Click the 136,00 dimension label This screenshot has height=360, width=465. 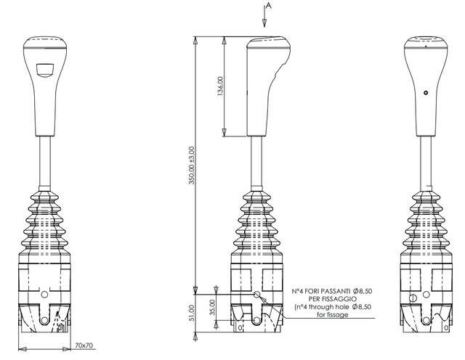click(x=220, y=86)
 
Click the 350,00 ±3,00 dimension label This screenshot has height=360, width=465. click(x=192, y=165)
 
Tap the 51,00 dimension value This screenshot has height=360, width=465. click(x=192, y=313)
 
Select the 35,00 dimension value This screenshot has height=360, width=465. click(x=213, y=307)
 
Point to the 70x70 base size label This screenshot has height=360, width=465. click(x=84, y=345)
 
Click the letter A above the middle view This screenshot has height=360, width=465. click(x=268, y=5)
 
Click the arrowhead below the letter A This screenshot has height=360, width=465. click(x=264, y=23)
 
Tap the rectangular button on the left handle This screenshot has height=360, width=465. click(x=45, y=70)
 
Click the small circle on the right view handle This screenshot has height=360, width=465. click(x=426, y=93)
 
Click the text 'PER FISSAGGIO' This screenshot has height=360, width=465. click(x=332, y=299)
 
